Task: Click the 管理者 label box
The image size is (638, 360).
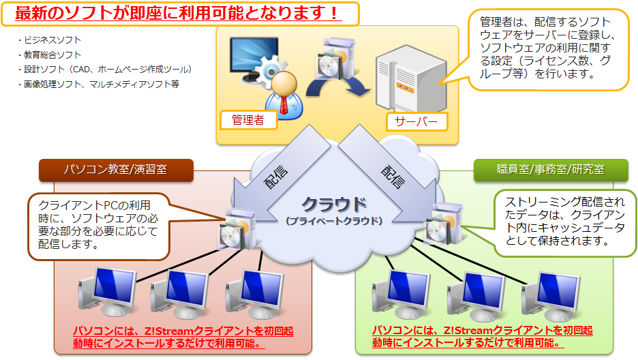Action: pos(248,120)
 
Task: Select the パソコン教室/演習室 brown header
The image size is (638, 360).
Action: pos(116,169)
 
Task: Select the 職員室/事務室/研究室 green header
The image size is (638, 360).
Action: pos(541,169)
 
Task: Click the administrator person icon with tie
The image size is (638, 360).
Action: pos(286,94)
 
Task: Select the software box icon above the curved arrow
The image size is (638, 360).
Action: pos(333,55)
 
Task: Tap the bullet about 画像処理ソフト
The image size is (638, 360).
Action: pos(98,85)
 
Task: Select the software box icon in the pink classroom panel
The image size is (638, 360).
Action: pos(233,230)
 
